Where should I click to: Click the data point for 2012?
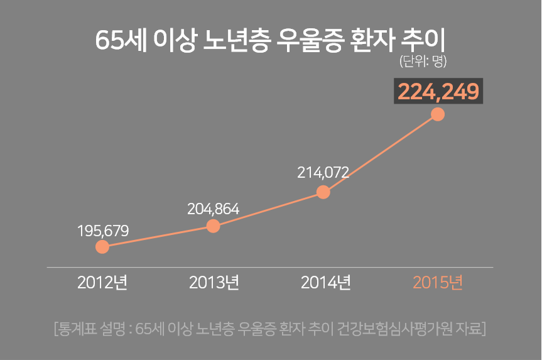click(x=102, y=247)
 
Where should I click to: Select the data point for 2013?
click(x=214, y=226)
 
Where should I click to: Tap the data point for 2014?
click(x=323, y=192)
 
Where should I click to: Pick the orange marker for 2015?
click(x=438, y=114)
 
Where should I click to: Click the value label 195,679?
click(x=103, y=231)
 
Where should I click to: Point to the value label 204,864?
click(x=214, y=209)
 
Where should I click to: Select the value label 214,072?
click(x=323, y=173)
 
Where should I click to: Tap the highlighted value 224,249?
click(x=438, y=92)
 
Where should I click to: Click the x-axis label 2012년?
click(x=102, y=283)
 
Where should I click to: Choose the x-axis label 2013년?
click(x=214, y=283)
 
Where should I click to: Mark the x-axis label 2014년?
click(x=325, y=283)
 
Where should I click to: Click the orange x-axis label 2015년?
click(x=438, y=283)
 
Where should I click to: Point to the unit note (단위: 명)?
click(x=423, y=62)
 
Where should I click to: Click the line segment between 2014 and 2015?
click(x=381, y=153)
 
